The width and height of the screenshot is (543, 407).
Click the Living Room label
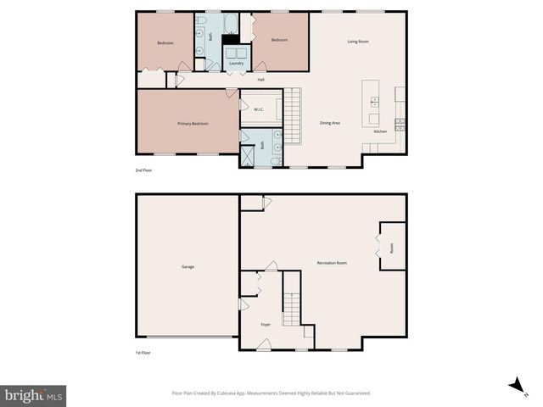pyautogui.click(x=357, y=42)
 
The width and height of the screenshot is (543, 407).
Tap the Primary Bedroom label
pyautogui.click(x=193, y=124)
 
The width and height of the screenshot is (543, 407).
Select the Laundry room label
pyautogui.click(x=237, y=63)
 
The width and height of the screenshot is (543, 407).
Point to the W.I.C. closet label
pyautogui.click(x=259, y=109)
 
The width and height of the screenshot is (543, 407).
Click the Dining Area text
pyautogui.click(x=330, y=124)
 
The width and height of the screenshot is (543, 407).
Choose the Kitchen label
pyautogui.click(x=381, y=131)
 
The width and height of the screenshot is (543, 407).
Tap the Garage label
pyautogui.click(x=188, y=267)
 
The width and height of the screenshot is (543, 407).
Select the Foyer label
pyautogui.click(x=266, y=324)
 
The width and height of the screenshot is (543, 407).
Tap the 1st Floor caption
pyautogui.click(x=143, y=352)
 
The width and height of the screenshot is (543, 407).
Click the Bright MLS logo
pyautogui.click(x=34, y=396)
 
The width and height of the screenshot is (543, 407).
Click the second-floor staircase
pyautogui.click(x=293, y=117)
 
